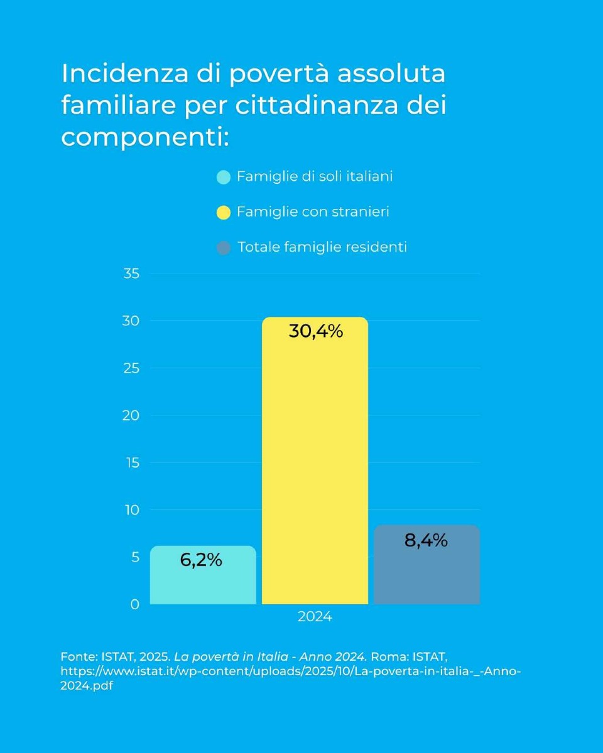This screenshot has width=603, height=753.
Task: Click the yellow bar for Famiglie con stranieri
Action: (315, 461)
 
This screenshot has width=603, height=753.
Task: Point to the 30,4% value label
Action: (316, 331)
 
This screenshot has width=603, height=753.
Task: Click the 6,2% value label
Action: (201, 560)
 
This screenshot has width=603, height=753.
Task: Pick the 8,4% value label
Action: (426, 540)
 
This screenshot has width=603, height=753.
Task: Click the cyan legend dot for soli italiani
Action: (224, 177)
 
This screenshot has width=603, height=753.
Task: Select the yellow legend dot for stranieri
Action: (224, 212)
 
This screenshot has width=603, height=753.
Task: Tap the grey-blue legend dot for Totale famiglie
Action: (224, 247)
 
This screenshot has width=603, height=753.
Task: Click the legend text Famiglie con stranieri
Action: (313, 212)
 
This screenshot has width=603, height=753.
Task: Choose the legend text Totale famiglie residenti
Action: (322, 247)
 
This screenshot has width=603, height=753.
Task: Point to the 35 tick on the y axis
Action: (131, 274)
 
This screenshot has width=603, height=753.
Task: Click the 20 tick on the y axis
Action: (131, 415)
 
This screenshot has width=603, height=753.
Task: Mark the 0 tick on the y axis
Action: (134, 604)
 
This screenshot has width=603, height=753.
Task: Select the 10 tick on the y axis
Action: (131, 510)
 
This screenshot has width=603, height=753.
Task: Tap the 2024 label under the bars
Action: (315, 617)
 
